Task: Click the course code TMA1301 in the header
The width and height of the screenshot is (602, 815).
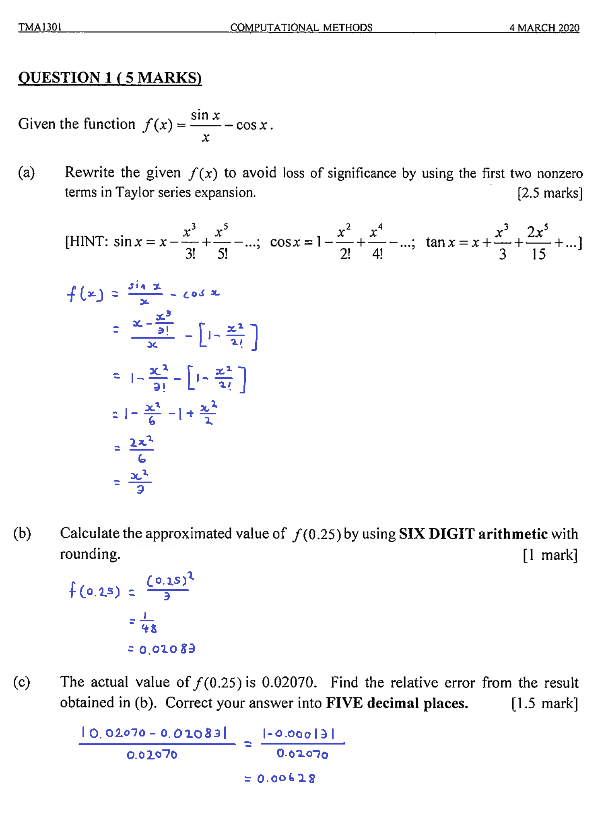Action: (40, 27)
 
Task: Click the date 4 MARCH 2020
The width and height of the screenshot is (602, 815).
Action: (544, 27)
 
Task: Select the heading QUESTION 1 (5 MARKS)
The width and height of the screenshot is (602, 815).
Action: (110, 77)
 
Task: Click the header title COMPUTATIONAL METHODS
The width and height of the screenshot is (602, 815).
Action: (301, 27)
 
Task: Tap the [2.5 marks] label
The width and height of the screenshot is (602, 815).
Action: (550, 193)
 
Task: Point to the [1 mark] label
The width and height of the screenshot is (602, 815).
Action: (550, 554)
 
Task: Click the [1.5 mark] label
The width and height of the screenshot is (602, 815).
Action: (544, 703)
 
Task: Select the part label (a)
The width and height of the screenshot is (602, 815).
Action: (27, 172)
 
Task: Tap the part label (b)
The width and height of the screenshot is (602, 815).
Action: (22, 533)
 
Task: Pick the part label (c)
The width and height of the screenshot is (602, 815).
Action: (22, 682)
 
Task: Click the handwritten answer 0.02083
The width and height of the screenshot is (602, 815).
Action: (167, 649)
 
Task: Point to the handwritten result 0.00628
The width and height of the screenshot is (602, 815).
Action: (286, 778)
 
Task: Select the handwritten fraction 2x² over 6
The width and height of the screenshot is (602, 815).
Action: (141, 449)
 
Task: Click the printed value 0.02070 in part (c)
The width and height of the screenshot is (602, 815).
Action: (289, 682)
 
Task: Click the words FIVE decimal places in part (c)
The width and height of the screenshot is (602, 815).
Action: (397, 703)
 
